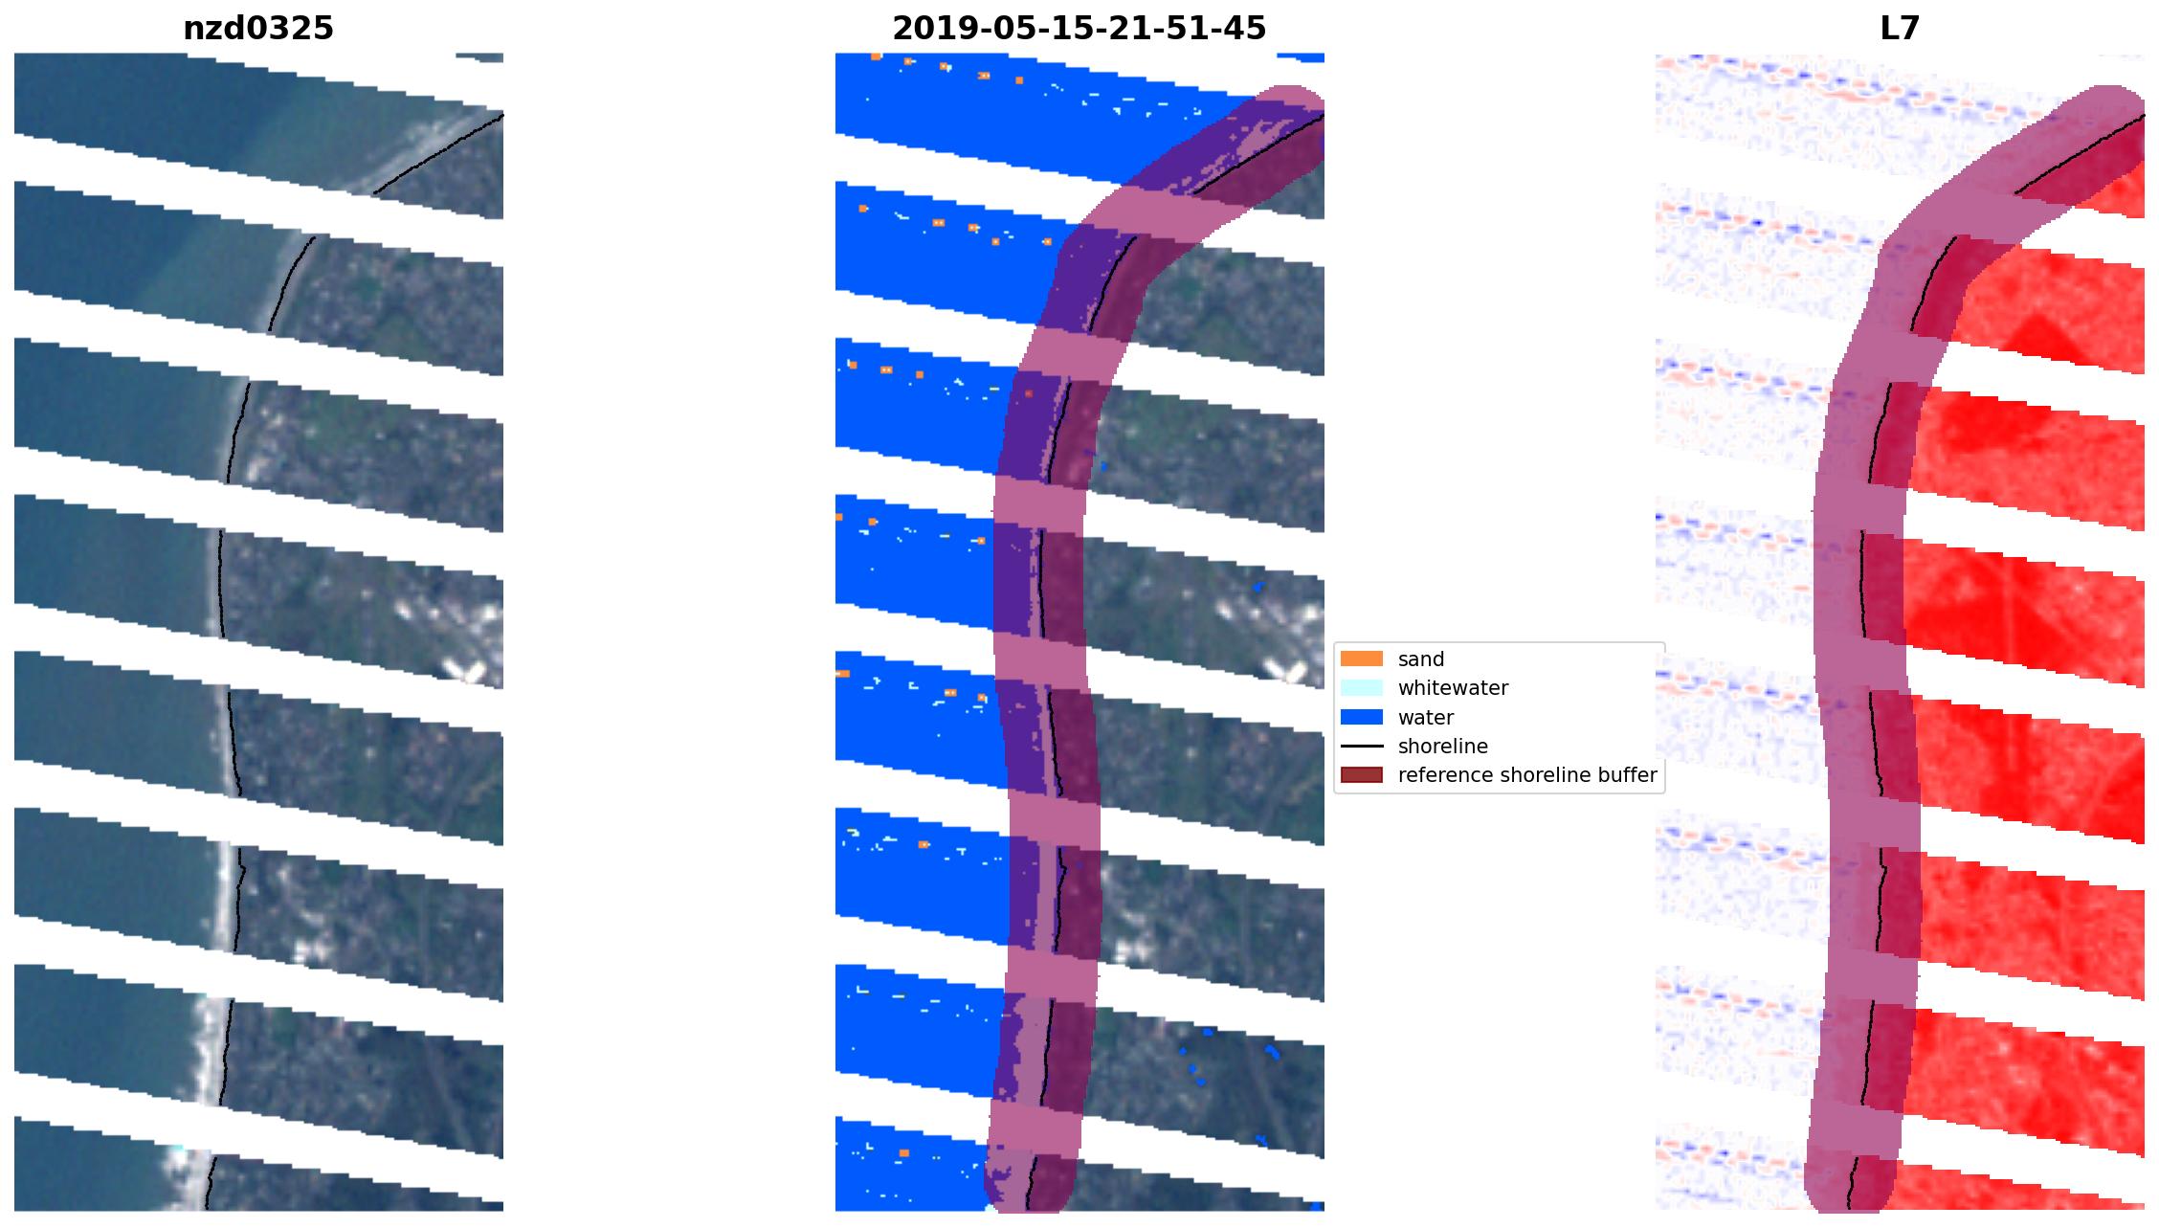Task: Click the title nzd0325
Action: click(258, 29)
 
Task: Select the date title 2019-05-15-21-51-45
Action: click(1079, 29)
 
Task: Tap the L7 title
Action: click(1900, 29)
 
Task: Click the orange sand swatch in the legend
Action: click(1361, 659)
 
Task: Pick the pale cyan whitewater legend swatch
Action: click(1361, 687)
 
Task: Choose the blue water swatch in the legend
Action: click(1361, 717)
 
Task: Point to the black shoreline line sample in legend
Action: click(1361, 746)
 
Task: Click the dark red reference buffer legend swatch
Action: click(1361, 775)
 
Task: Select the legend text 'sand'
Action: click(1421, 659)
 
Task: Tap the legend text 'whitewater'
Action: click(1453, 687)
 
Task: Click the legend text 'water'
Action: click(1425, 717)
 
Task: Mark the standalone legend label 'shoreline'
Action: click(1442, 746)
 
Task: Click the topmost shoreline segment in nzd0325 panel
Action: click(435, 153)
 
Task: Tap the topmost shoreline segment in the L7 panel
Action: click(2077, 153)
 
